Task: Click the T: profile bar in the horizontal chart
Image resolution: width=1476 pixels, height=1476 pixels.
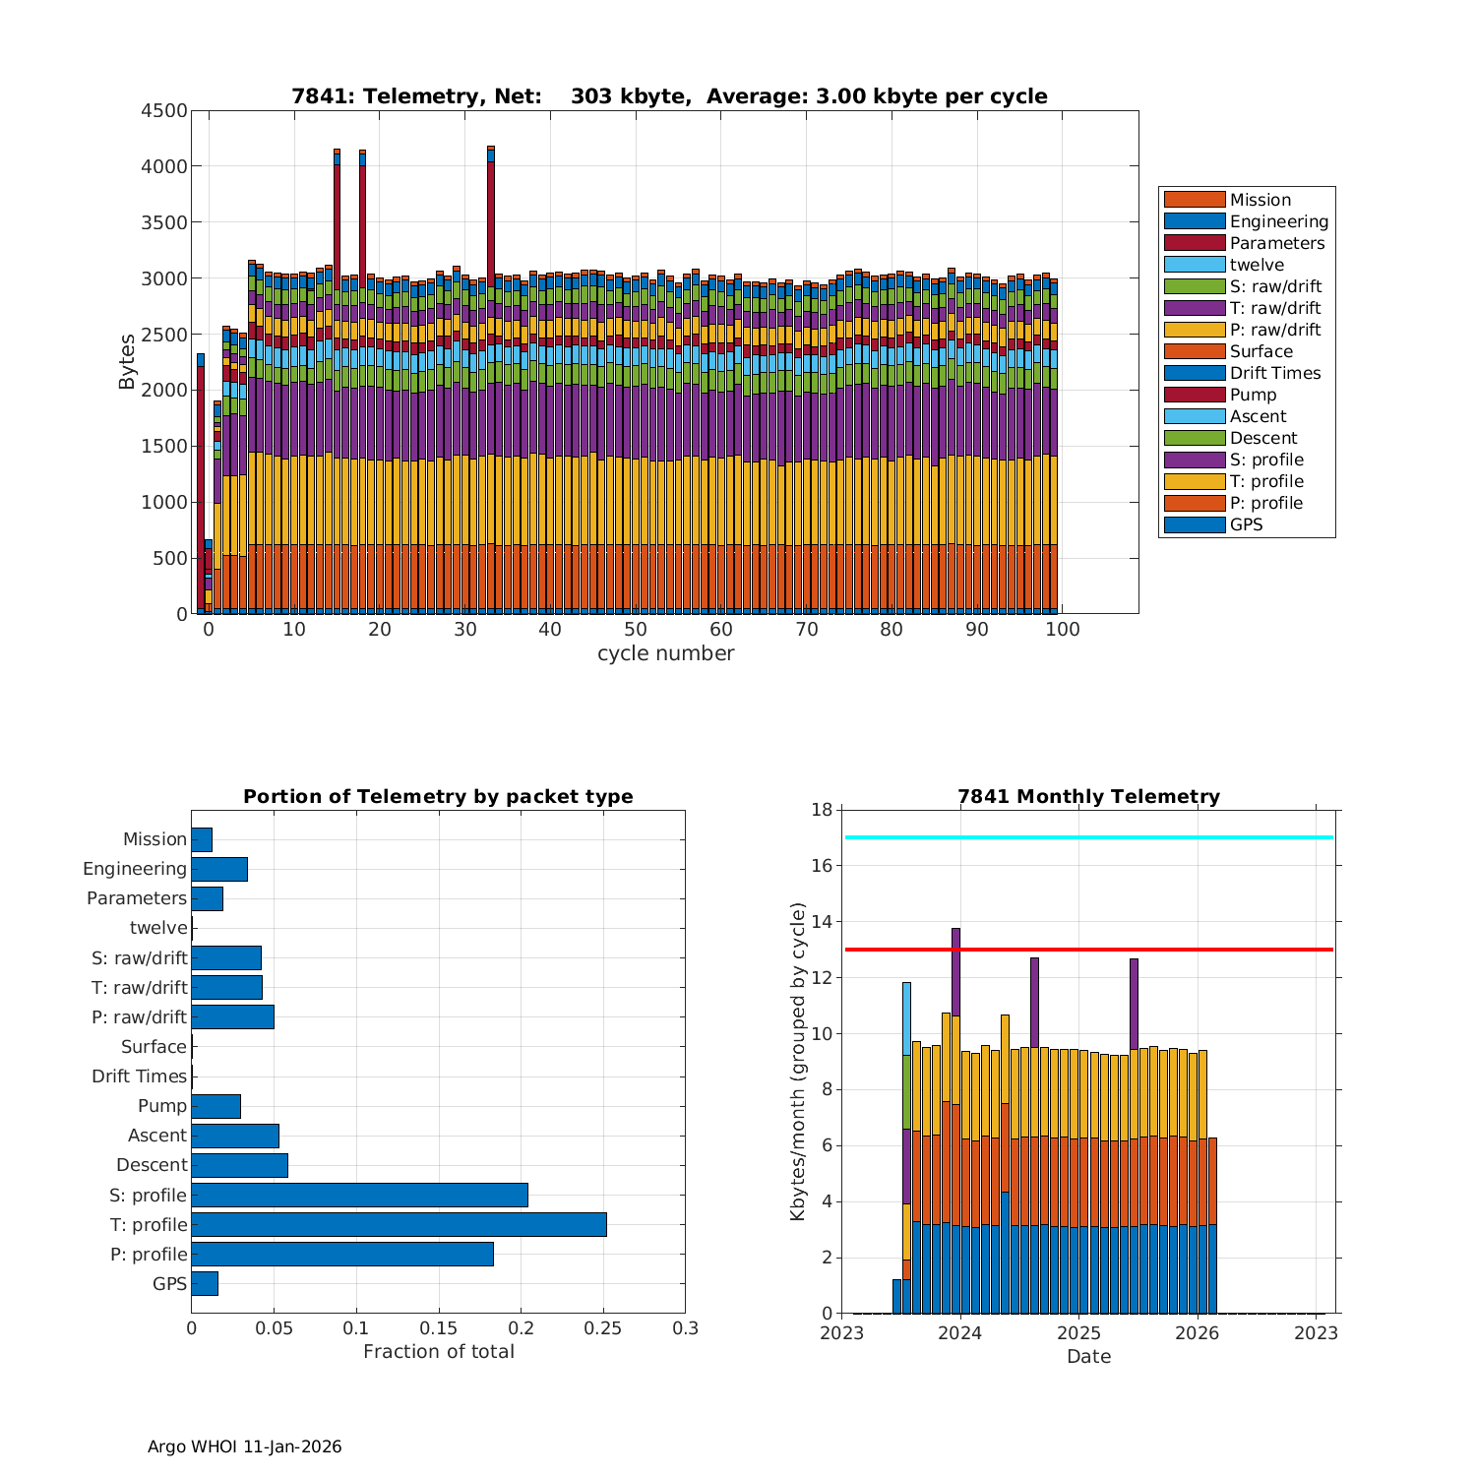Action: (x=399, y=1224)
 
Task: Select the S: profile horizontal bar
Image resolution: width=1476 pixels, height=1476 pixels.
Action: (x=359, y=1195)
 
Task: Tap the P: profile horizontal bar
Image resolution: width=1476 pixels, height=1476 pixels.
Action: (x=342, y=1254)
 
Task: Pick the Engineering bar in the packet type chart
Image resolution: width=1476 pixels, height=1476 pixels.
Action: (x=219, y=869)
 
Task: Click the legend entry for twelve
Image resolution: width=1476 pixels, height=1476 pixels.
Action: (x=1257, y=265)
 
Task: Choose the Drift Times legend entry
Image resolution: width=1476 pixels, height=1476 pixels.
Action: (x=1274, y=373)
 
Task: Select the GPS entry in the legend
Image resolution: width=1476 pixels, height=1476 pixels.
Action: (x=1246, y=524)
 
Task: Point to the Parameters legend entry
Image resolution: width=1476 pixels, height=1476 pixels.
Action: (x=1276, y=243)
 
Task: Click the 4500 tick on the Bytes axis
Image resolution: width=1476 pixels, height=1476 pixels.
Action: (x=164, y=110)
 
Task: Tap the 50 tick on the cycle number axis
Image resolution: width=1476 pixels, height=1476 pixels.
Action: (x=636, y=630)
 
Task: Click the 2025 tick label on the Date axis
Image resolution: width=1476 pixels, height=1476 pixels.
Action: (x=1079, y=1333)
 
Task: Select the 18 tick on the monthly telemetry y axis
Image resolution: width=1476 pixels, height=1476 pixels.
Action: (x=822, y=810)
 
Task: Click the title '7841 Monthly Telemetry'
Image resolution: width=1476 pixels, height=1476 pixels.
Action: (x=1088, y=796)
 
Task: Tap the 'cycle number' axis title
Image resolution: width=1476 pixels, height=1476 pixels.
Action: (x=665, y=653)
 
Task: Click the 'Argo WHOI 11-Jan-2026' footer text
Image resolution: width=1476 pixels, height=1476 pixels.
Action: (x=244, y=1446)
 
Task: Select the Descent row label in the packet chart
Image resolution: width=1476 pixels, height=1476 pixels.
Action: (x=152, y=1165)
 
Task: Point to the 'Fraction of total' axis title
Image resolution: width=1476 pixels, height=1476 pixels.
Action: (x=439, y=1352)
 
